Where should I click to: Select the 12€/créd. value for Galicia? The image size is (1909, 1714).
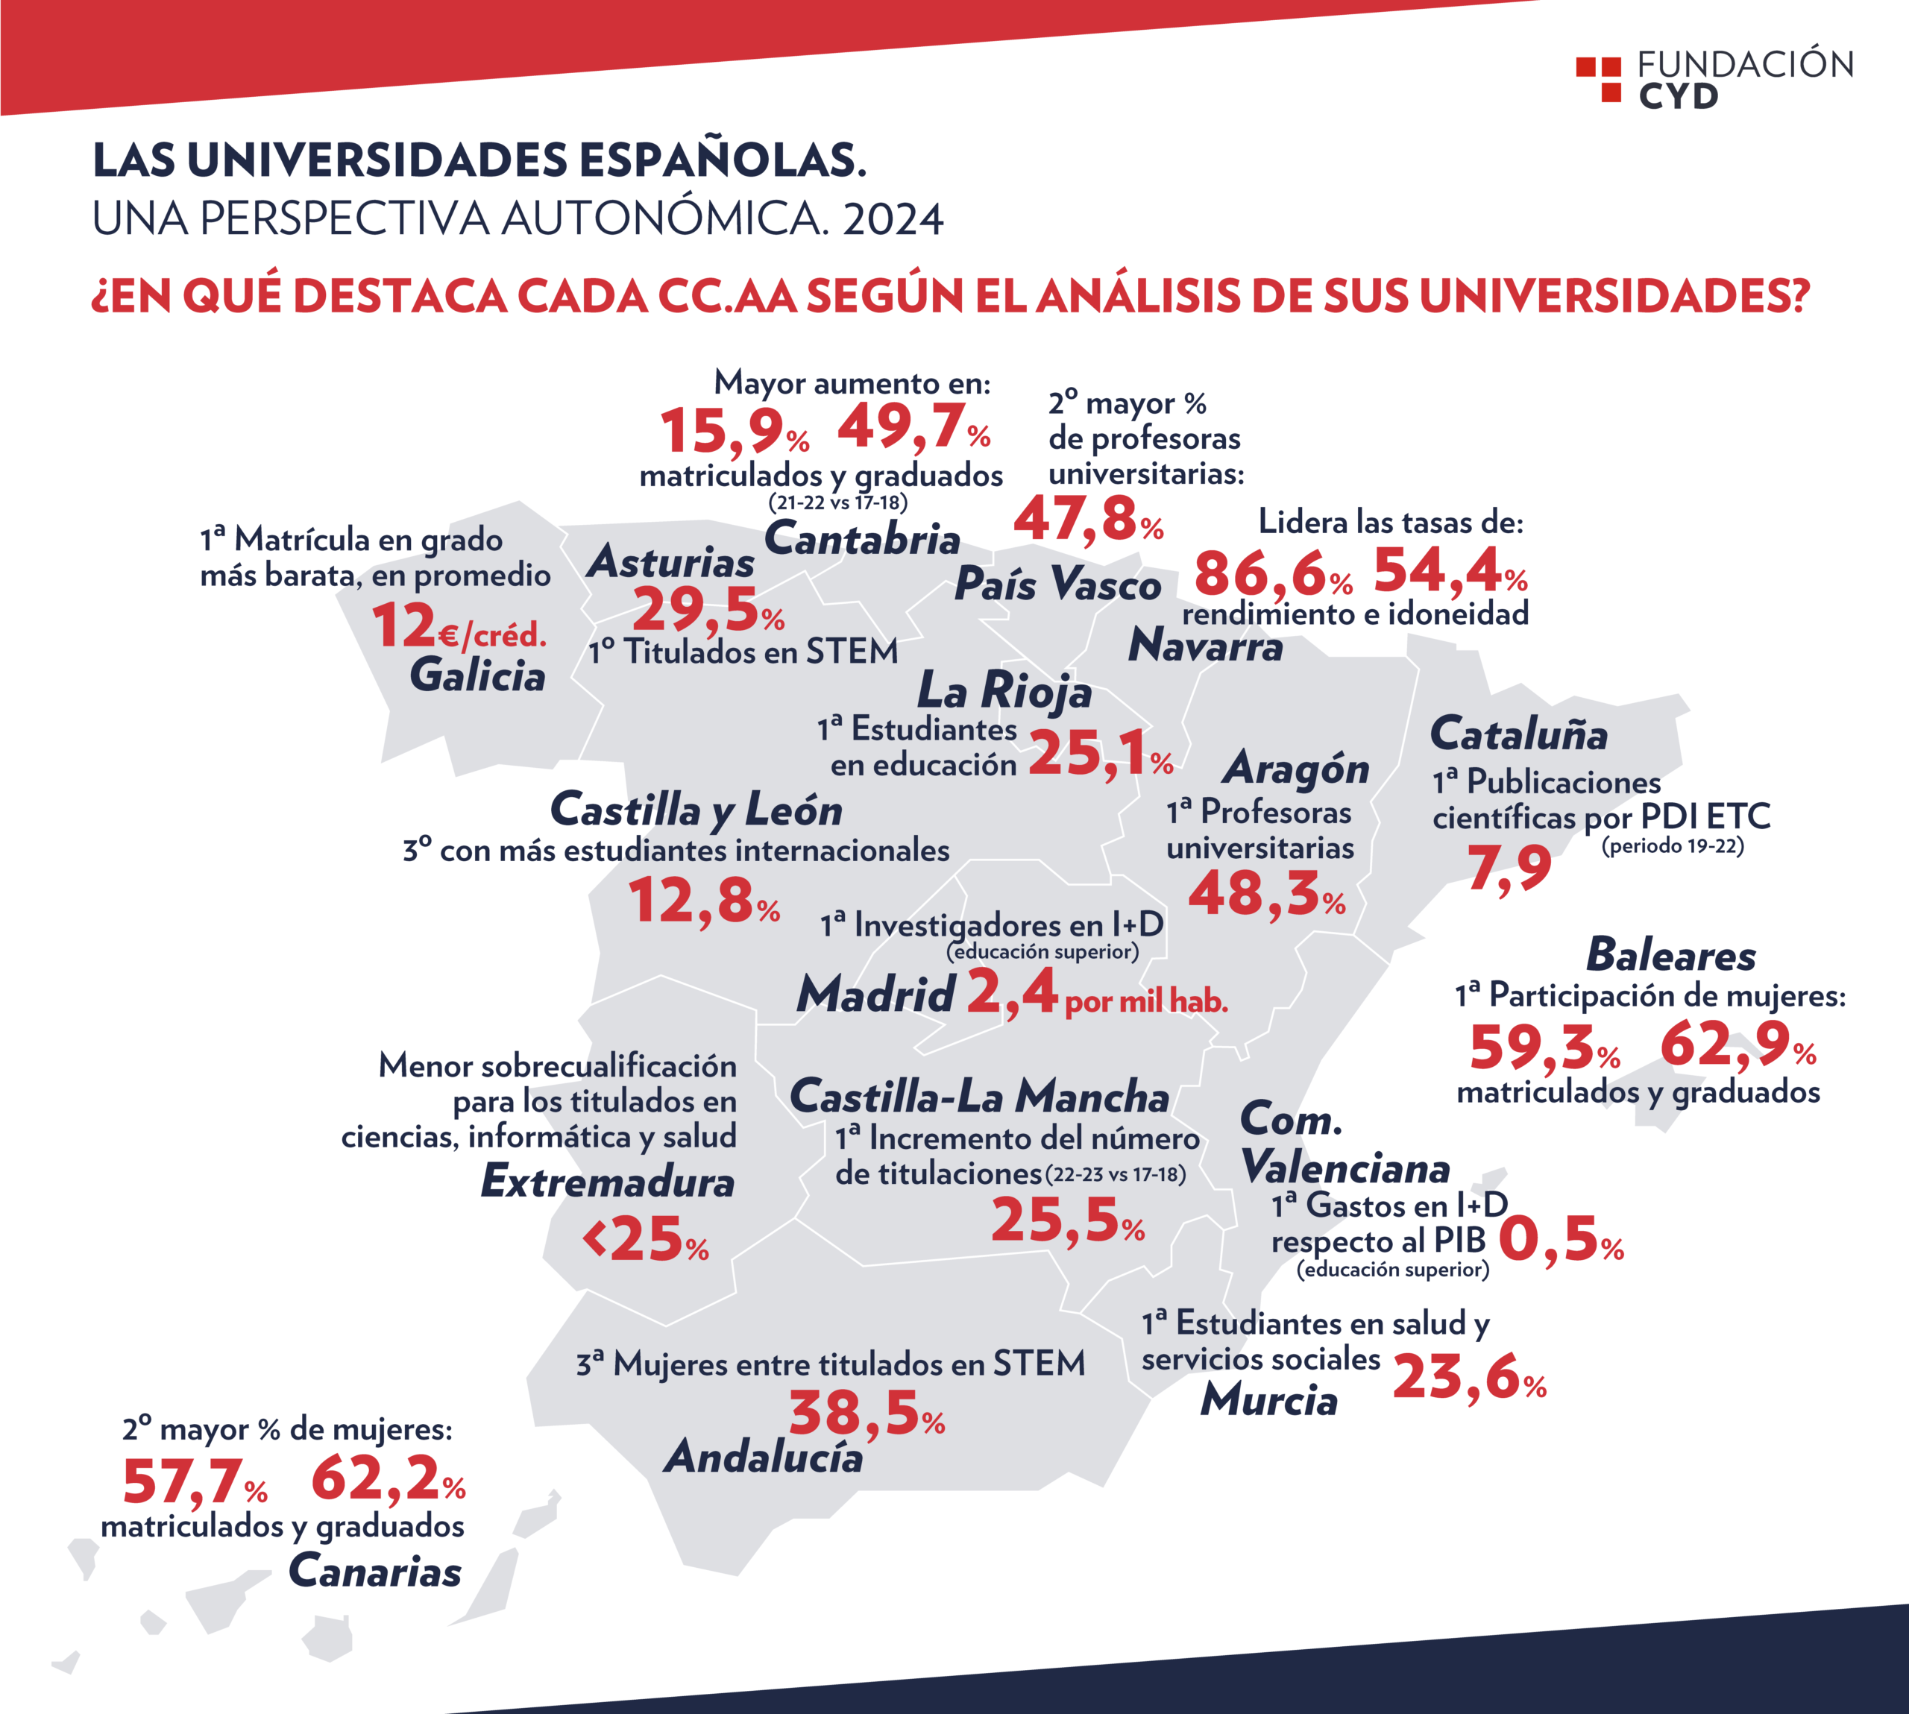click(x=459, y=626)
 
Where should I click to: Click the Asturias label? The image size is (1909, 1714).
click(x=670, y=561)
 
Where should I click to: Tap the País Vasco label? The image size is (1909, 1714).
click(x=1057, y=584)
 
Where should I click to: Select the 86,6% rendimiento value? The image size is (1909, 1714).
click(x=1274, y=573)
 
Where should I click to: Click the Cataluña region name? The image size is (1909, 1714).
click(x=1518, y=734)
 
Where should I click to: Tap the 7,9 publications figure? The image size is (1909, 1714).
click(x=1509, y=867)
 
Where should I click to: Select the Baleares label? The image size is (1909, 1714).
click(x=1670, y=955)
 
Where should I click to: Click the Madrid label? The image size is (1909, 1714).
click(x=876, y=995)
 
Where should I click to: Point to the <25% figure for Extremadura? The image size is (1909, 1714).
click(x=645, y=1238)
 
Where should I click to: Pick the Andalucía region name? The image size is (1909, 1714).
click(x=764, y=1457)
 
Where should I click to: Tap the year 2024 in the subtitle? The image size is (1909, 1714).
click(x=893, y=219)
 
